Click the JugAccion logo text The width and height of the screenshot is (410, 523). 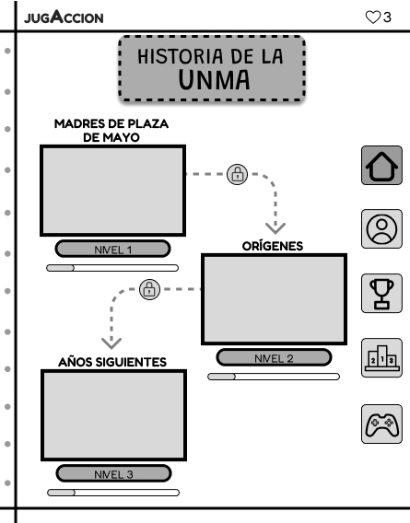tap(64, 17)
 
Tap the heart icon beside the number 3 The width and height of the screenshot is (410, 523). tap(372, 17)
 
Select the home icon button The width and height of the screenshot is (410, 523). tap(381, 167)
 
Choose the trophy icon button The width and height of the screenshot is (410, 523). tap(381, 294)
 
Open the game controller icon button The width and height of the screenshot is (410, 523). tap(381, 424)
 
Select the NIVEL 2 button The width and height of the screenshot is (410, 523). tap(273, 357)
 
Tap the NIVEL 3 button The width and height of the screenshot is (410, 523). tap(113, 473)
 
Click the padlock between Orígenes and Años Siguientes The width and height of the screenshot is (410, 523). tap(148, 289)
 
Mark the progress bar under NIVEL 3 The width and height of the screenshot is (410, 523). tap(112, 493)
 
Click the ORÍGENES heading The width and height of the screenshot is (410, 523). tap(272, 246)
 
